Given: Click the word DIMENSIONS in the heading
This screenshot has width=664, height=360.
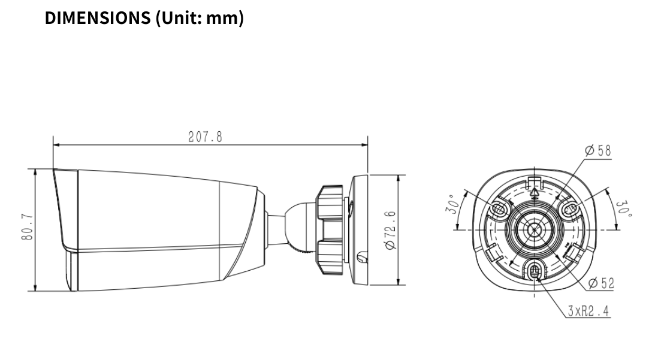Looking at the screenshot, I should tap(98, 18).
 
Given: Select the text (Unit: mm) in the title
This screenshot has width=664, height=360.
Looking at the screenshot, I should tap(200, 18).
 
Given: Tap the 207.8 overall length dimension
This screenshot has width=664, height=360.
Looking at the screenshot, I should tap(205, 137).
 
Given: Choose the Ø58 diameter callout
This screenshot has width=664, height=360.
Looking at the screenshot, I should tap(597, 150).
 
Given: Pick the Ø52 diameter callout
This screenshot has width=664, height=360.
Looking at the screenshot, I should tap(600, 283).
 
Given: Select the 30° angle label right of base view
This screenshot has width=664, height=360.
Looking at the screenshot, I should tap(623, 208).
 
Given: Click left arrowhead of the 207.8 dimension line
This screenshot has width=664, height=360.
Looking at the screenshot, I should tap(56, 144).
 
